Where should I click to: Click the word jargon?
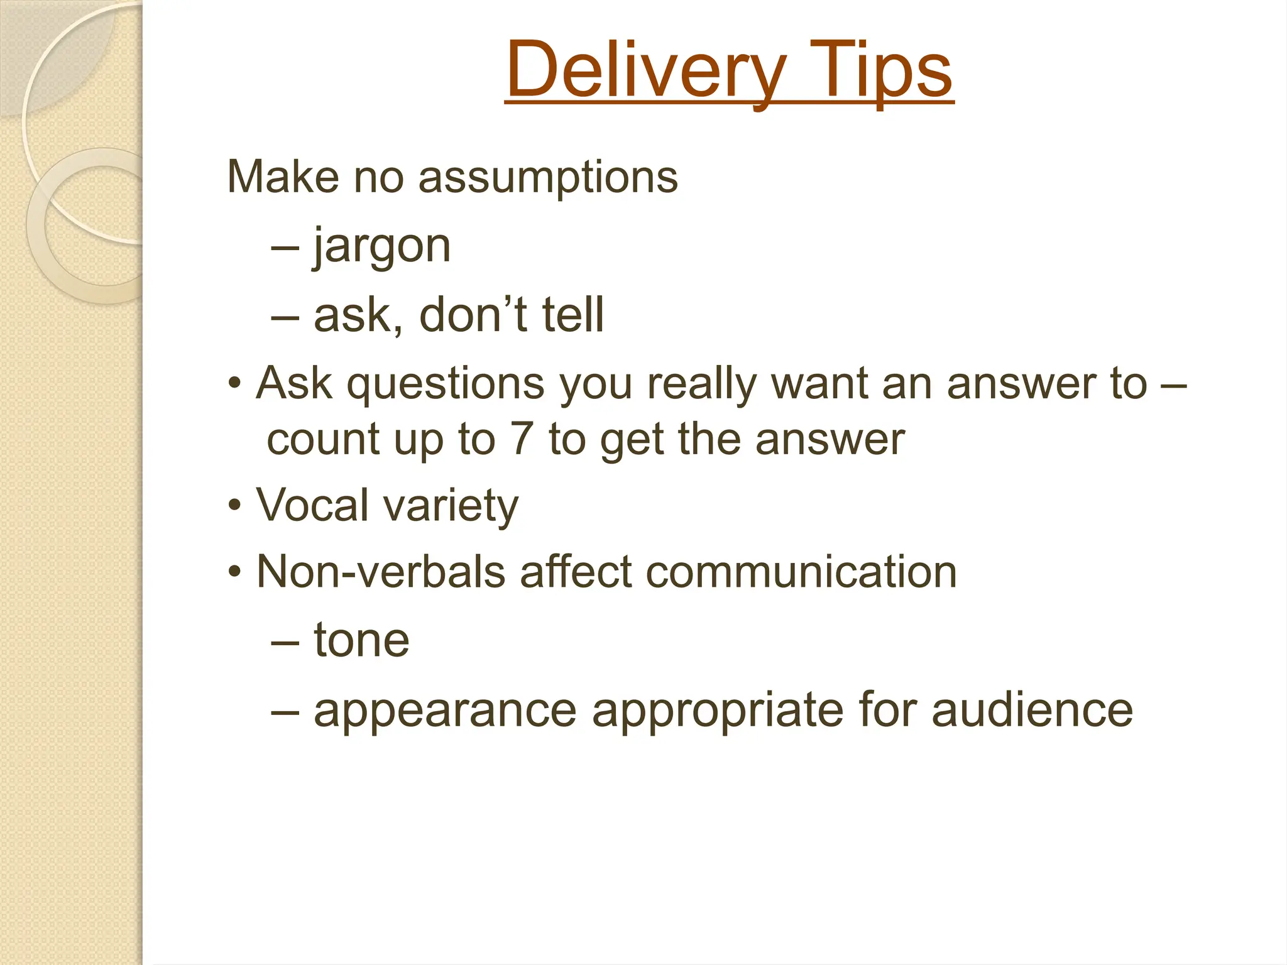pos(382,246)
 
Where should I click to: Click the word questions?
pos(446,384)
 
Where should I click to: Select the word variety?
pos(451,506)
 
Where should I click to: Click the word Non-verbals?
pos(381,572)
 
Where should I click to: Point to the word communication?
pos(801,572)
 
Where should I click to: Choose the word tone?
pos(361,641)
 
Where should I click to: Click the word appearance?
pos(445,711)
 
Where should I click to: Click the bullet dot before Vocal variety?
pos(234,506)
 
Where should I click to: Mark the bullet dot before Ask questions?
pos(234,383)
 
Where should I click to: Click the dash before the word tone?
pos(285,642)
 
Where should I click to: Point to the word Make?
pos(283,177)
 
